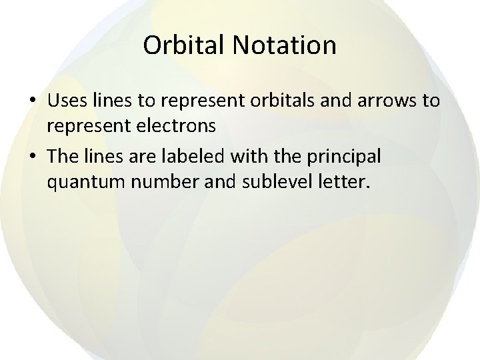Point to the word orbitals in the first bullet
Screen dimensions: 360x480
(290, 101)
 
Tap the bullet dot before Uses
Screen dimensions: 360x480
(33, 102)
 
